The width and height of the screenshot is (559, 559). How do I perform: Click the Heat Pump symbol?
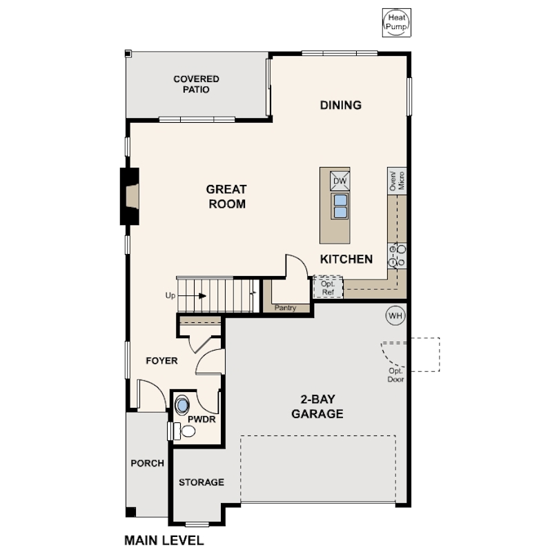click(x=396, y=23)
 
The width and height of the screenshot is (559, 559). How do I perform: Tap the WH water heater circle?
click(x=395, y=315)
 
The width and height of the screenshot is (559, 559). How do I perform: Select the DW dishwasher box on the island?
click(x=340, y=181)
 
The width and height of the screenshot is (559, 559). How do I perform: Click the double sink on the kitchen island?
click(x=340, y=206)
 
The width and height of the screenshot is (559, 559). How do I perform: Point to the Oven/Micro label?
click(x=397, y=181)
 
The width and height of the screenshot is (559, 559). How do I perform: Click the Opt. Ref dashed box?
click(x=328, y=287)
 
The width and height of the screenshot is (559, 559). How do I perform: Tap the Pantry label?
click(x=285, y=308)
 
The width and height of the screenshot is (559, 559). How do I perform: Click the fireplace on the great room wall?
click(x=130, y=196)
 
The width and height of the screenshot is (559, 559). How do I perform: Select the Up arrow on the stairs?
click(x=192, y=296)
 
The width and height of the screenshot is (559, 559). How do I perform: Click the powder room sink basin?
click(x=182, y=405)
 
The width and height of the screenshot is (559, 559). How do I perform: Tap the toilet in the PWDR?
click(x=181, y=431)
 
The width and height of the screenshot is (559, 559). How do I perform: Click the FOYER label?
click(x=161, y=361)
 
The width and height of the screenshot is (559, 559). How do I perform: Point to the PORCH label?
click(x=147, y=463)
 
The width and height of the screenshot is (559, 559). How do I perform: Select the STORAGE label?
click(x=202, y=482)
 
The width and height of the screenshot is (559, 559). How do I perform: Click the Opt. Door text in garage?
click(x=395, y=375)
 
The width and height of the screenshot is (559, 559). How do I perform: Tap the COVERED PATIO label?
click(x=196, y=84)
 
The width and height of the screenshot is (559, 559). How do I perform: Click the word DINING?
click(x=341, y=105)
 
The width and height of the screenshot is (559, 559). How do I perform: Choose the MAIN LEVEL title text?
click(x=164, y=540)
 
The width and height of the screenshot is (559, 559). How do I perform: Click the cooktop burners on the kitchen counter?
click(x=397, y=255)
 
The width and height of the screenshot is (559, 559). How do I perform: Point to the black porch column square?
click(x=130, y=512)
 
